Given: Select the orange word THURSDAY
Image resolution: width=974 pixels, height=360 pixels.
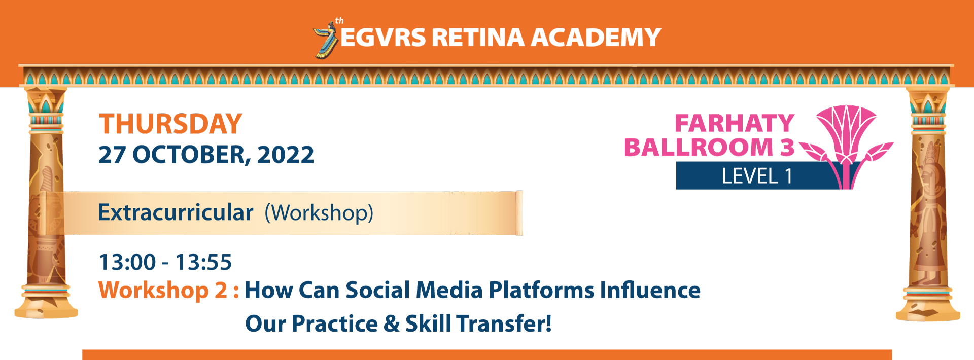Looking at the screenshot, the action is point(170,124).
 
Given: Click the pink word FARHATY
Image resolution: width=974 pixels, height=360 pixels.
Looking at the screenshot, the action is point(735,123).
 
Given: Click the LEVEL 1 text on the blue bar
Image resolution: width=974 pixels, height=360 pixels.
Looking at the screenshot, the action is point(757,176).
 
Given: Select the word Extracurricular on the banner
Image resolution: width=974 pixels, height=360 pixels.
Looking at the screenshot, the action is point(176,212).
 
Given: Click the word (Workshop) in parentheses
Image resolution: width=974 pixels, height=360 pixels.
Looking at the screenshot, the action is point(319,213).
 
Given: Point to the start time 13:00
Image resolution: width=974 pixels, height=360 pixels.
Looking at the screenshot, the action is point(127,262).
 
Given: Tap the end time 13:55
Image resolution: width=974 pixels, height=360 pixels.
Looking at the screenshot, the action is point(203,262).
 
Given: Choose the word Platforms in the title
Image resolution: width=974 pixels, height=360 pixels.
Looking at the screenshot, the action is point(541,291).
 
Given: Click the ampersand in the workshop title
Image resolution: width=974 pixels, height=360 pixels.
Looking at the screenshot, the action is point(392,324).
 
